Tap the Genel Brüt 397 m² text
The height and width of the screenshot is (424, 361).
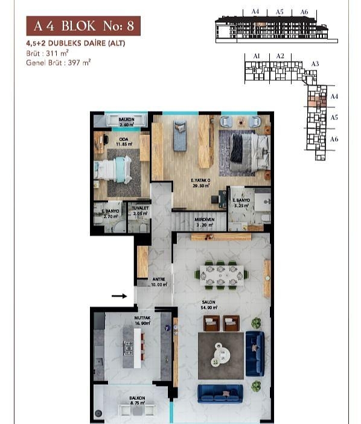click(58, 62)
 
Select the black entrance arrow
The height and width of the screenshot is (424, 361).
click(120, 296)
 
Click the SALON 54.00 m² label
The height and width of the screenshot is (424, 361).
click(209, 305)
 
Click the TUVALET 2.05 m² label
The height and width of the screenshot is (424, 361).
click(139, 212)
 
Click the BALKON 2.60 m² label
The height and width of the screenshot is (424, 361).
click(126, 122)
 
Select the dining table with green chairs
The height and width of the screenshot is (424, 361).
click(221, 274)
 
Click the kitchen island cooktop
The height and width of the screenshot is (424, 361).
click(129, 348)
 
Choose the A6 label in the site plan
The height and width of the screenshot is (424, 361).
click(334, 139)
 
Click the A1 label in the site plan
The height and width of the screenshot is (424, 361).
click(257, 55)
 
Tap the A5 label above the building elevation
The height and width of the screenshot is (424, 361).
click(280, 11)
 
